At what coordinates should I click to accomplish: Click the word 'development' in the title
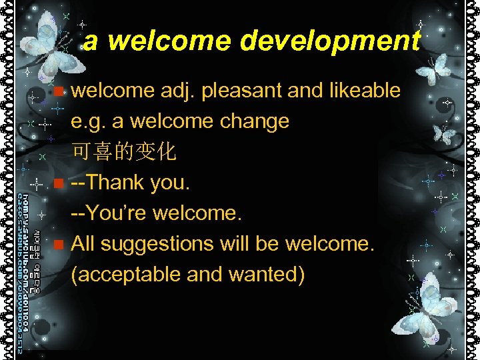[330, 41]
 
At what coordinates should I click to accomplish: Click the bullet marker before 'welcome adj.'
[60, 91]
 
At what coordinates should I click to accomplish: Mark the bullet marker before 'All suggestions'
[60, 245]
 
